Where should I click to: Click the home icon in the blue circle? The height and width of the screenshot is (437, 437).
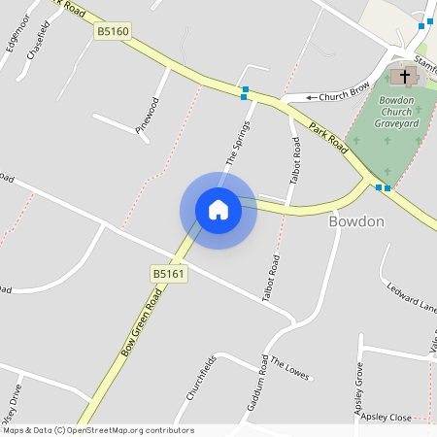(218, 210)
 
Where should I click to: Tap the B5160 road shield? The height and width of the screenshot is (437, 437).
(113, 32)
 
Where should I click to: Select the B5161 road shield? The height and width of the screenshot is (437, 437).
(168, 275)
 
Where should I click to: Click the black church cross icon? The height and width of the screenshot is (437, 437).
(401, 76)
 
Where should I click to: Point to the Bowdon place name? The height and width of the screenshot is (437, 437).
(356, 222)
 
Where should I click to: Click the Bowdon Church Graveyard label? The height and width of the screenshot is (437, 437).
(396, 112)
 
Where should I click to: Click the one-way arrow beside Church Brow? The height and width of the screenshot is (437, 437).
(313, 97)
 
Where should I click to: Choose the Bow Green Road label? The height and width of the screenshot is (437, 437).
(141, 322)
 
